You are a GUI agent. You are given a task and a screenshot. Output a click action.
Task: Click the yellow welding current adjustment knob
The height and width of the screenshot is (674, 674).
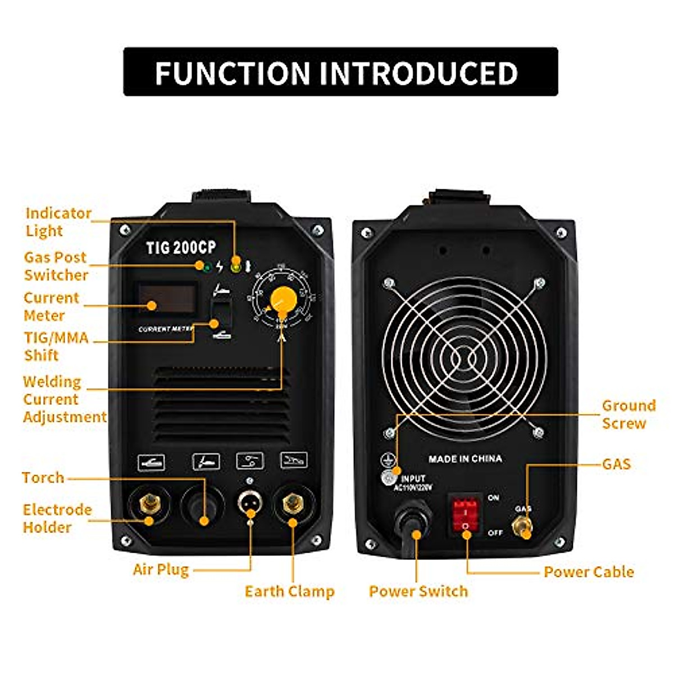click(283, 299)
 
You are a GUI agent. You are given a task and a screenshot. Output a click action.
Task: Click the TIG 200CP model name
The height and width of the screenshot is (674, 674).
click(181, 247)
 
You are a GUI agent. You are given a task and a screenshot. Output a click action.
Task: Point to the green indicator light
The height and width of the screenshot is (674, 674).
click(207, 267)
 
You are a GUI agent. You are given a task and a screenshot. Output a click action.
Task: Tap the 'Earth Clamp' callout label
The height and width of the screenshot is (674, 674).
click(289, 591)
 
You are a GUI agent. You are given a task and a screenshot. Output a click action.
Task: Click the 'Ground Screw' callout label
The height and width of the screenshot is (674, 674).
click(628, 414)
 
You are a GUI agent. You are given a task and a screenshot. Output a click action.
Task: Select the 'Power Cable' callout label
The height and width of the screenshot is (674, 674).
click(589, 572)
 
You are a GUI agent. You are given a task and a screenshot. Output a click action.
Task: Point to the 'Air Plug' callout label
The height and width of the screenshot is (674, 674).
click(161, 570)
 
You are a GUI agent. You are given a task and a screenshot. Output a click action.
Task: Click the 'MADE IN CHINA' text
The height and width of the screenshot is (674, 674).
click(465, 459)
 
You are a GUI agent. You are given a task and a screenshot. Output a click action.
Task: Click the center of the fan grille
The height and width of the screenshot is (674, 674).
click(464, 358)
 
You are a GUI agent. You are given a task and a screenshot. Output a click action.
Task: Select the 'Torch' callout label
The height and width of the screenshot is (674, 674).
click(43, 477)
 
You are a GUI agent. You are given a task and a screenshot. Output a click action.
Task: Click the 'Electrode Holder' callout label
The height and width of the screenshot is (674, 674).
click(57, 518)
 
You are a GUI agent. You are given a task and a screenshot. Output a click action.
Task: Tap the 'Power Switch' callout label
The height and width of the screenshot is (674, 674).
click(418, 591)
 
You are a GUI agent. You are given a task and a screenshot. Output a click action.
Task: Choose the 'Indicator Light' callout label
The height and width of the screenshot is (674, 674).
click(58, 222)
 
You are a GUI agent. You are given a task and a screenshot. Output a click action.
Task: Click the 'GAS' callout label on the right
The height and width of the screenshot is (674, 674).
click(616, 464)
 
